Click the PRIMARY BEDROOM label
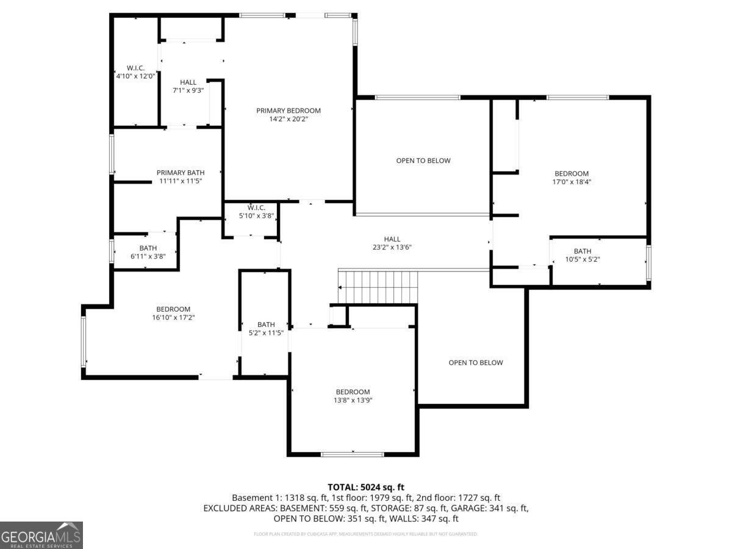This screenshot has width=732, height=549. [x=288, y=110]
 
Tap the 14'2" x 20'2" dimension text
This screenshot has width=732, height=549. [x=288, y=120]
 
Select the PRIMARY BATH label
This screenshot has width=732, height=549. [x=180, y=173]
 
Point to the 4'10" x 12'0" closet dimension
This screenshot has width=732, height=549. [x=135, y=76]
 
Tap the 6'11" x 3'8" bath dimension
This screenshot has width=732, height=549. [x=148, y=257]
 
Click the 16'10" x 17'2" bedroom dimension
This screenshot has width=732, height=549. [x=173, y=317]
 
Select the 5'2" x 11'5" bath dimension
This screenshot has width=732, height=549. [x=266, y=333]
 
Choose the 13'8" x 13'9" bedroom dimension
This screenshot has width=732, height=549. [x=353, y=400]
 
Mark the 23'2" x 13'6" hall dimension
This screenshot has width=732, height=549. [x=392, y=248]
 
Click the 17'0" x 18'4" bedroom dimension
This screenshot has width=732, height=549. [x=571, y=182]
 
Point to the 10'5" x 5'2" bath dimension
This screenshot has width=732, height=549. [x=582, y=259]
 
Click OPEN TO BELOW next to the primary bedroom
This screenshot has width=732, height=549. [x=423, y=160]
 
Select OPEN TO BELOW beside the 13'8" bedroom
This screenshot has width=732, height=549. [x=476, y=362]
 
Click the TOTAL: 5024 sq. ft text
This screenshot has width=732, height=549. [x=366, y=487]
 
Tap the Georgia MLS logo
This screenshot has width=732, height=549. [x=41, y=535]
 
